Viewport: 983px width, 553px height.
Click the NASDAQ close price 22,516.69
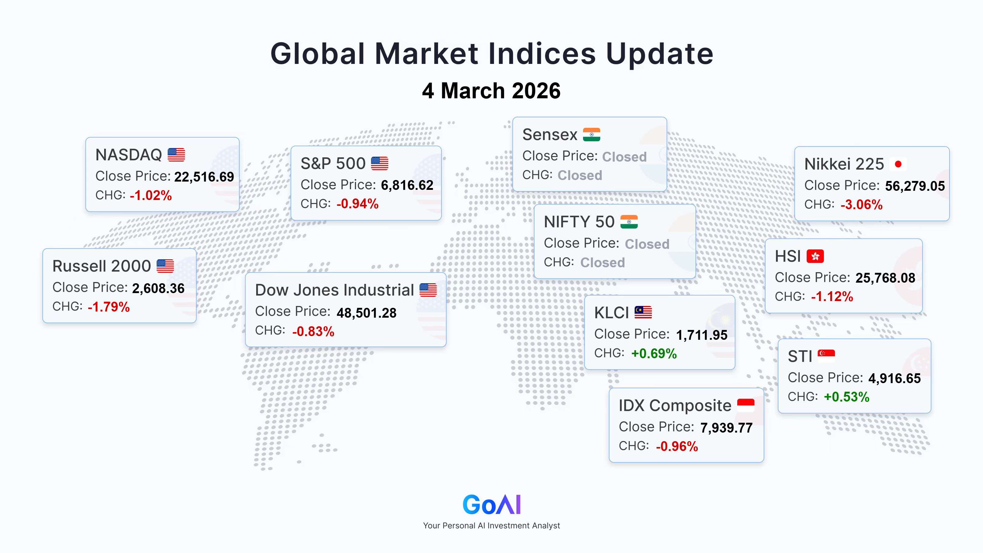(x=204, y=177)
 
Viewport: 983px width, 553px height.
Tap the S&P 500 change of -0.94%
(x=358, y=204)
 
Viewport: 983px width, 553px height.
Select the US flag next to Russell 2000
(x=165, y=266)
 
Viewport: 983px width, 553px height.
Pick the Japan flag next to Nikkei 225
(x=898, y=164)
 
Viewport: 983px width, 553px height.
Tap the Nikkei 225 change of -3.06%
(x=862, y=205)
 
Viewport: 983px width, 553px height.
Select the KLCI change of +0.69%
(x=654, y=353)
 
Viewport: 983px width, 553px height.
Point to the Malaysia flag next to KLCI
(x=643, y=312)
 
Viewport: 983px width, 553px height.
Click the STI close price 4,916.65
(x=895, y=378)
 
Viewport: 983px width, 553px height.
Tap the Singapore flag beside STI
(x=826, y=356)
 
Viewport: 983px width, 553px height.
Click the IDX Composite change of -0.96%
(x=677, y=446)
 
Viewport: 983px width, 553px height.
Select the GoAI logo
(x=491, y=504)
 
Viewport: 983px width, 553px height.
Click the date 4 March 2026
(x=491, y=91)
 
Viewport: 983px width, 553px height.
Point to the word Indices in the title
(x=542, y=53)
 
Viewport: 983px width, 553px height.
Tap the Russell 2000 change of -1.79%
(x=109, y=307)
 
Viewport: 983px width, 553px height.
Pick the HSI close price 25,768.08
(x=885, y=278)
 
